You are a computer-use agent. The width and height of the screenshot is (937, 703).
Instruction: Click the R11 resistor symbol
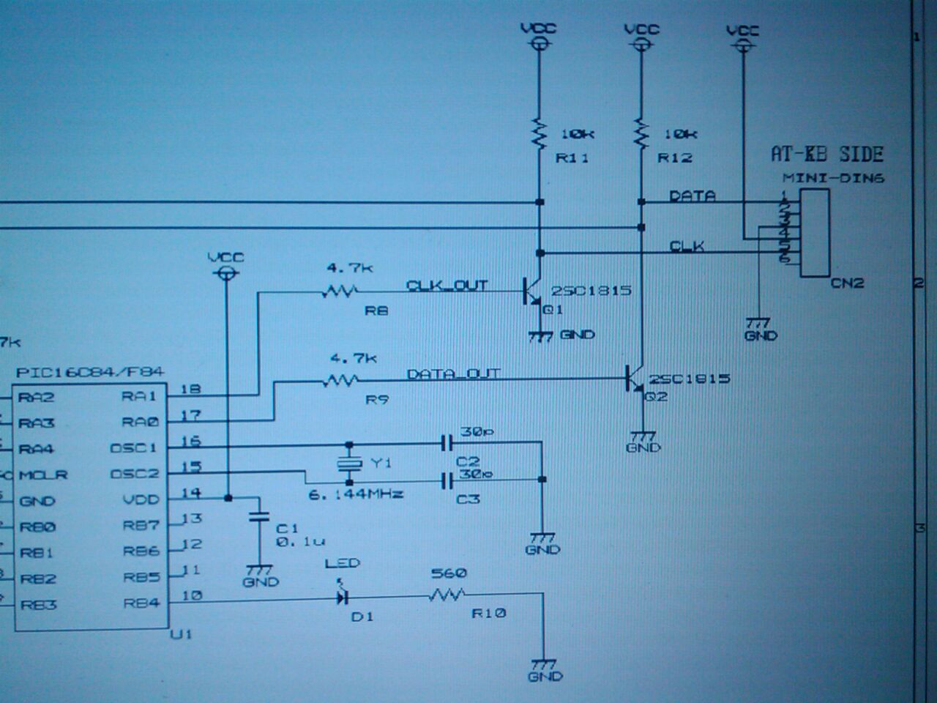pyautogui.click(x=540, y=133)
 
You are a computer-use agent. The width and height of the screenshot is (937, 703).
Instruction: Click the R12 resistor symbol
pyautogui.click(x=641, y=133)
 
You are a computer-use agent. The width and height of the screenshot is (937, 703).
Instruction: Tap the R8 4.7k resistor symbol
pyautogui.click(x=338, y=291)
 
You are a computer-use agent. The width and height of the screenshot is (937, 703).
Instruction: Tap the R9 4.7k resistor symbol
pyautogui.click(x=340, y=380)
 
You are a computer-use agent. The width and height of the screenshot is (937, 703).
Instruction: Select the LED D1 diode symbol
pyautogui.click(x=342, y=597)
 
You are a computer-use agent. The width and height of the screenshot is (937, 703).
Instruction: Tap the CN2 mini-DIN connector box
pyautogui.click(x=814, y=233)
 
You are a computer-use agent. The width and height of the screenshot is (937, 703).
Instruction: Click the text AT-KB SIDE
pyautogui.click(x=826, y=154)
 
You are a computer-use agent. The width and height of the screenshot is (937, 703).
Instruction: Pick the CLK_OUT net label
pyautogui.click(x=447, y=285)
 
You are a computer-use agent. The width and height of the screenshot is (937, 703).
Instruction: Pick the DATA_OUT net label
pyautogui.click(x=453, y=373)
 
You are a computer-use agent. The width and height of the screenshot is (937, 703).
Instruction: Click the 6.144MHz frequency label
pyautogui.click(x=356, y=494)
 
